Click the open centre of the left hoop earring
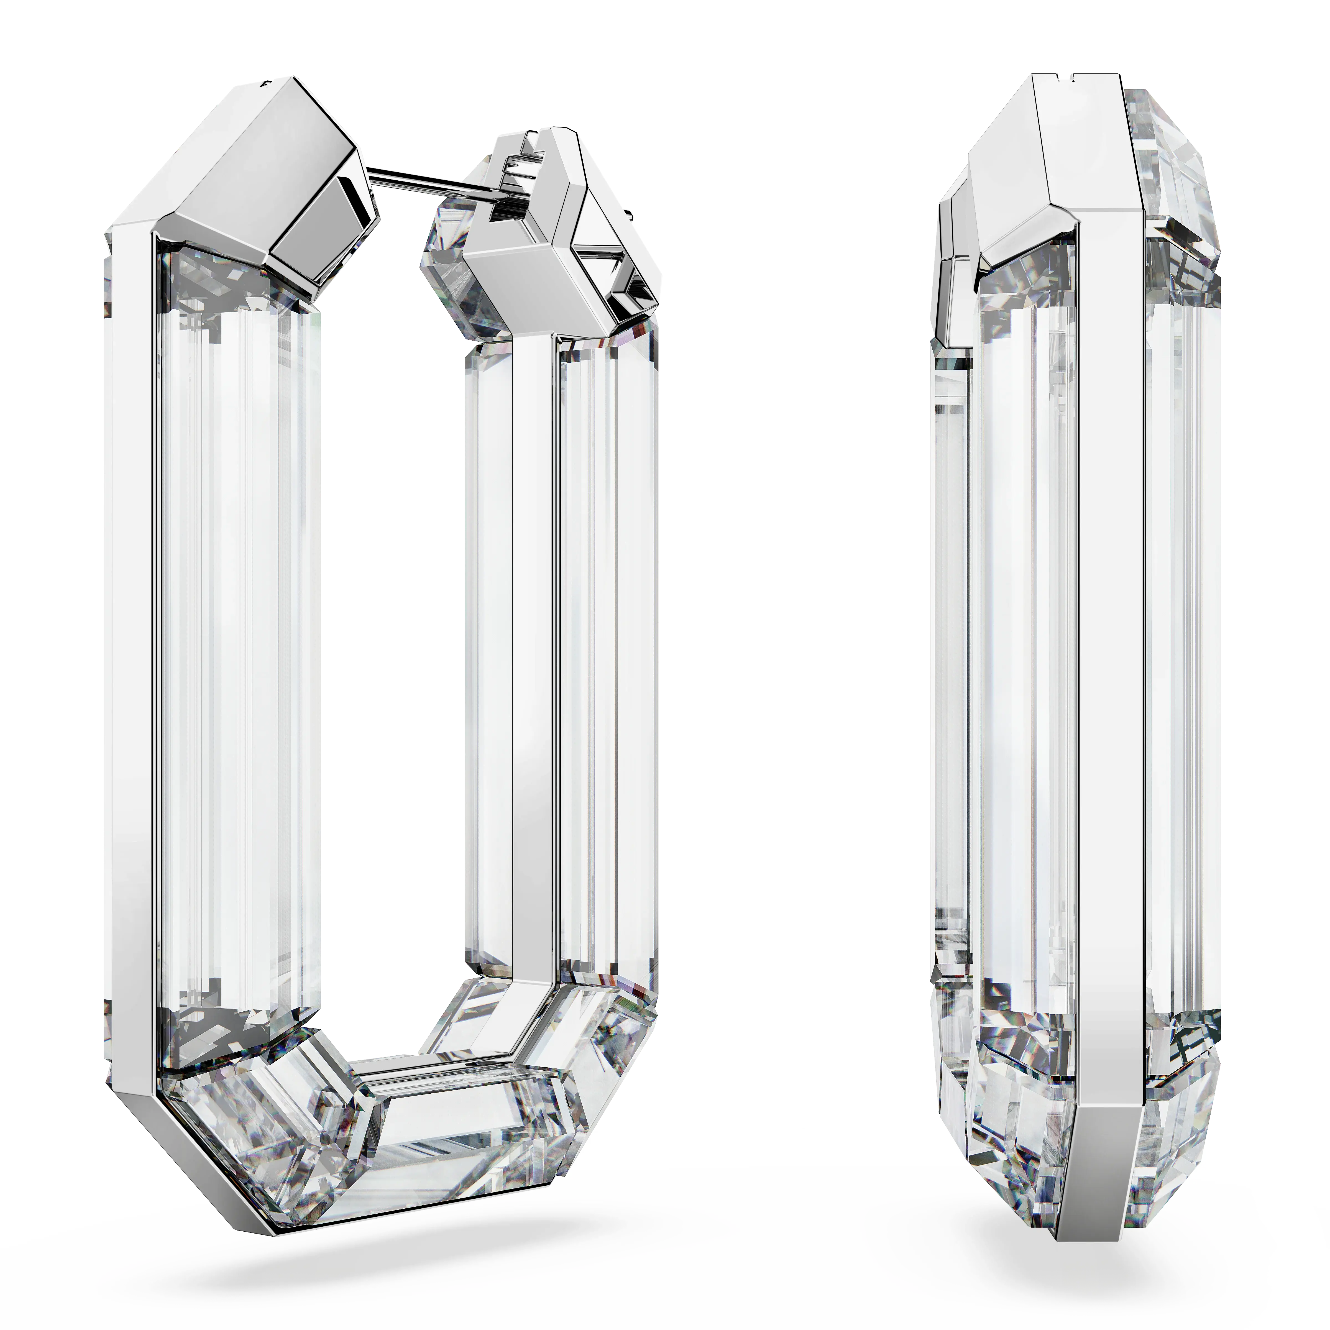pyautogui.click(x=392, y=620)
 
